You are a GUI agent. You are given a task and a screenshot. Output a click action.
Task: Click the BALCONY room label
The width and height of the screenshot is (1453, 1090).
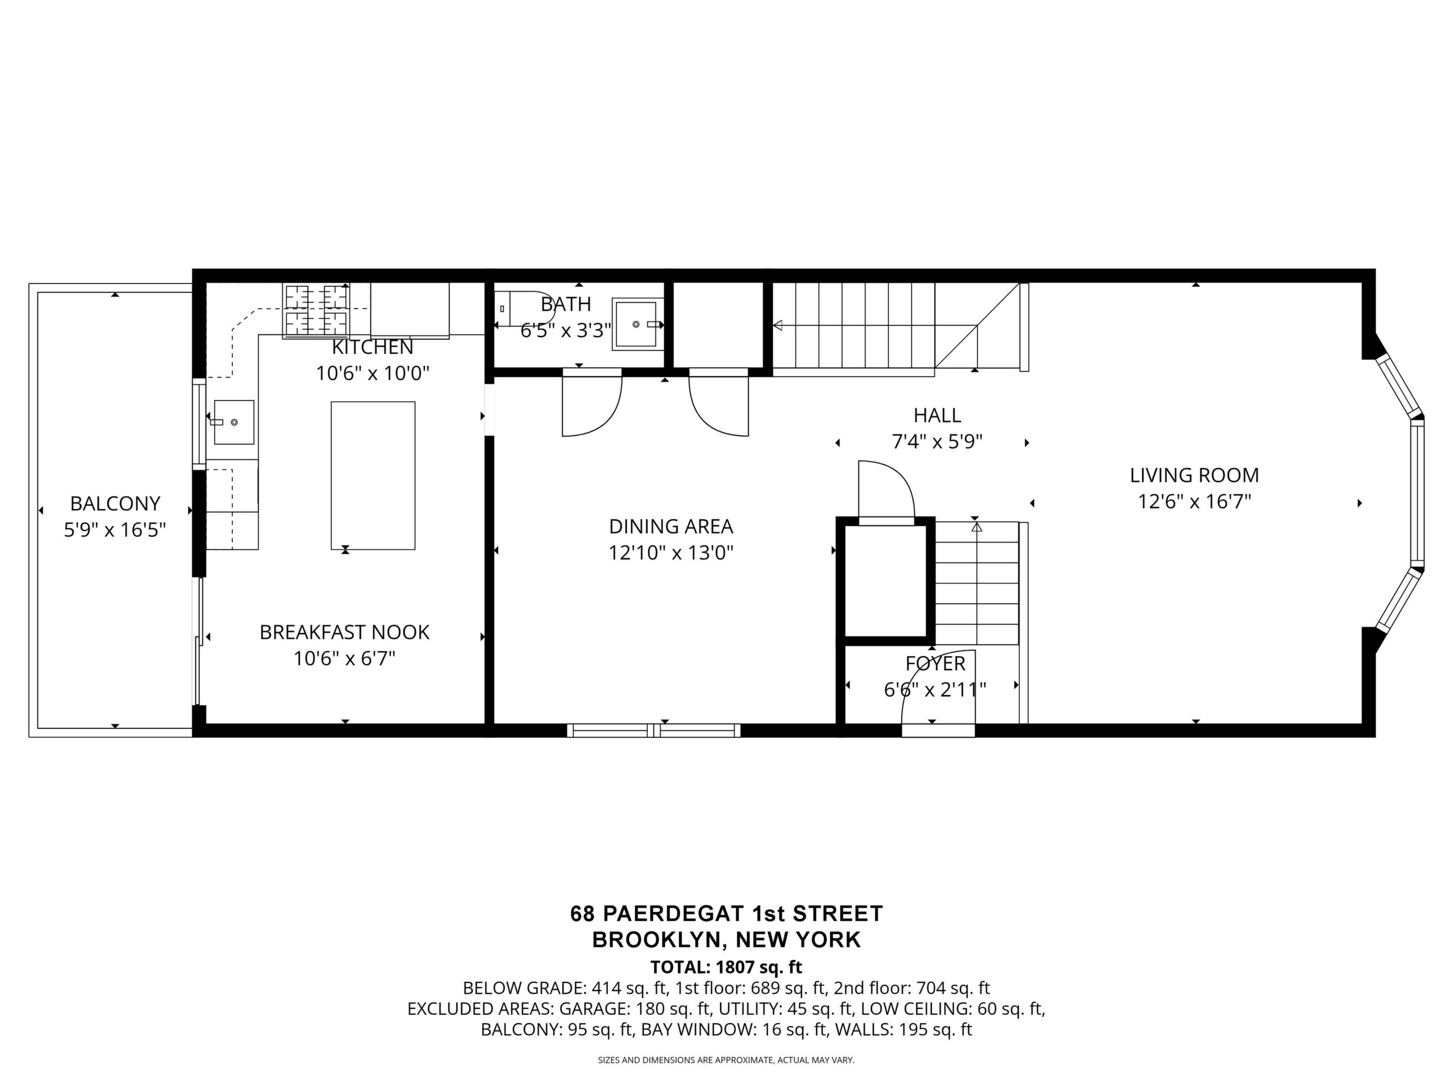(x=115, y=503)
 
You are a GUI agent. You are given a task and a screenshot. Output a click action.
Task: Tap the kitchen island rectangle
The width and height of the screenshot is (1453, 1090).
(x=373, y=475)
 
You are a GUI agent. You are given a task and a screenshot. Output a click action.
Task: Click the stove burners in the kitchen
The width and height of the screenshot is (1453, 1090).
(x=316, y=310)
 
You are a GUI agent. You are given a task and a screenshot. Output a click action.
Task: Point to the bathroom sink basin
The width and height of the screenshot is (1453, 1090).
(x=635, y=324)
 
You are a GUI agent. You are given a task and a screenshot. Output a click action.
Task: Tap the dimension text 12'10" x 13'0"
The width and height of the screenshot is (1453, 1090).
(x=671, y=553)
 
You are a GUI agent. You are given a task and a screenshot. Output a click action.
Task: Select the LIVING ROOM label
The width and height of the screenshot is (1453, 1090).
(x=1194, y=475)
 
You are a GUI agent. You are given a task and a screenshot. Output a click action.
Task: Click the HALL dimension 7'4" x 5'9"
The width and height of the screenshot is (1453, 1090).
(x=937, y=441)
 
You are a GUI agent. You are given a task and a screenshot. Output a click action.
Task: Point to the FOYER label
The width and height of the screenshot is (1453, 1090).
(x=935, y=663)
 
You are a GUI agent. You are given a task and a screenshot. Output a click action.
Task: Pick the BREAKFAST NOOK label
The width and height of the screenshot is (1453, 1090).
(x=344, y=632)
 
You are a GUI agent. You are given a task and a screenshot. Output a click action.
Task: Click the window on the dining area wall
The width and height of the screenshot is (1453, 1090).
(x=654, y=730)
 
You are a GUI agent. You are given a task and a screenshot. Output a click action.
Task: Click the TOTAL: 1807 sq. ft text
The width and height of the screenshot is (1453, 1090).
(x=726, y=967)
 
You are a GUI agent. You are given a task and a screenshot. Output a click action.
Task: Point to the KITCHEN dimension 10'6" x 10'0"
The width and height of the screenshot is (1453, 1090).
(x=373, y=374)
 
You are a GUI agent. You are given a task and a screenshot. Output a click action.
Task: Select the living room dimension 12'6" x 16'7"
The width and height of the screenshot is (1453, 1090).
(x=1194, y=502)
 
